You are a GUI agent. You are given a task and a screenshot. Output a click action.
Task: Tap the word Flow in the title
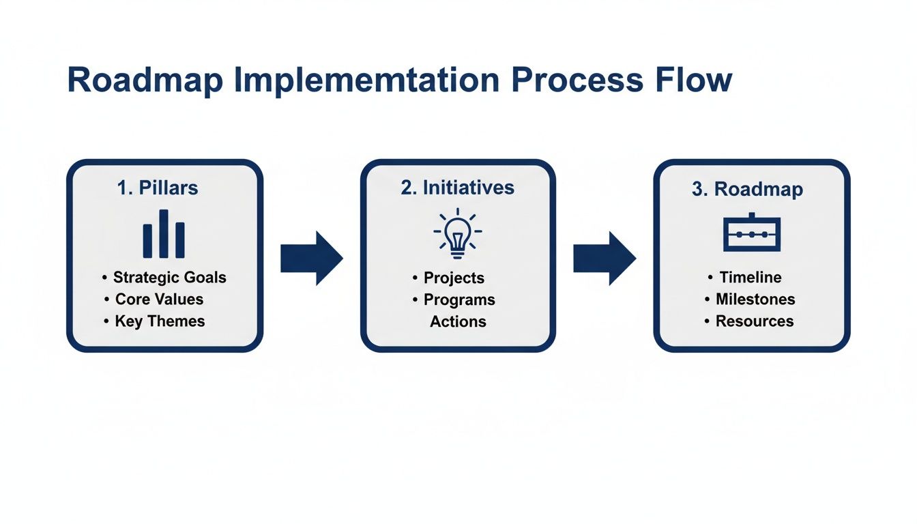tap(693, 81)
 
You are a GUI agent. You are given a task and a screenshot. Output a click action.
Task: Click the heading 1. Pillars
tap(158, 188)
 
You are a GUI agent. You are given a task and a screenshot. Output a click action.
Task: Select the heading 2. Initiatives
tap(457, 188)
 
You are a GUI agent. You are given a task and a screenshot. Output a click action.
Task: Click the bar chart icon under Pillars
tap(164, 234)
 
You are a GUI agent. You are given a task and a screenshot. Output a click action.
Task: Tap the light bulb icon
tap(457, 233)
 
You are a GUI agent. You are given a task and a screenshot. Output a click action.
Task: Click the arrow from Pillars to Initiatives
tap(311, 258)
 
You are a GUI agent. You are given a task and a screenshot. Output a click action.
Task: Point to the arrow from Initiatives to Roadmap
tap(604, 258)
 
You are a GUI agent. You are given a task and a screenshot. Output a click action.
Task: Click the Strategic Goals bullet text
tap(169, 278)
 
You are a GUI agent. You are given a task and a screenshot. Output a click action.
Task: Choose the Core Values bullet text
tap(159, 300)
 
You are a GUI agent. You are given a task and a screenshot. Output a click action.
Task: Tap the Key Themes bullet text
tap(160, 321)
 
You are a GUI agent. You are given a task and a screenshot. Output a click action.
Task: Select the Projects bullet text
tap(454, 278)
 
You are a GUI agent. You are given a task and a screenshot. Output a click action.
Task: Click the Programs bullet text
tap(459, 300)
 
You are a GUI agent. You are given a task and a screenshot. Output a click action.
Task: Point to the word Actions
tap(458, 321)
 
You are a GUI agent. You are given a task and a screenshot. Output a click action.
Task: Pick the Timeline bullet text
tap(751, 277)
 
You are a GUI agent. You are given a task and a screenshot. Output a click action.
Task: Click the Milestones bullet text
tap(755, 300)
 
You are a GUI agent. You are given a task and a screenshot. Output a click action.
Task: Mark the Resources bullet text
tap(754, 321)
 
